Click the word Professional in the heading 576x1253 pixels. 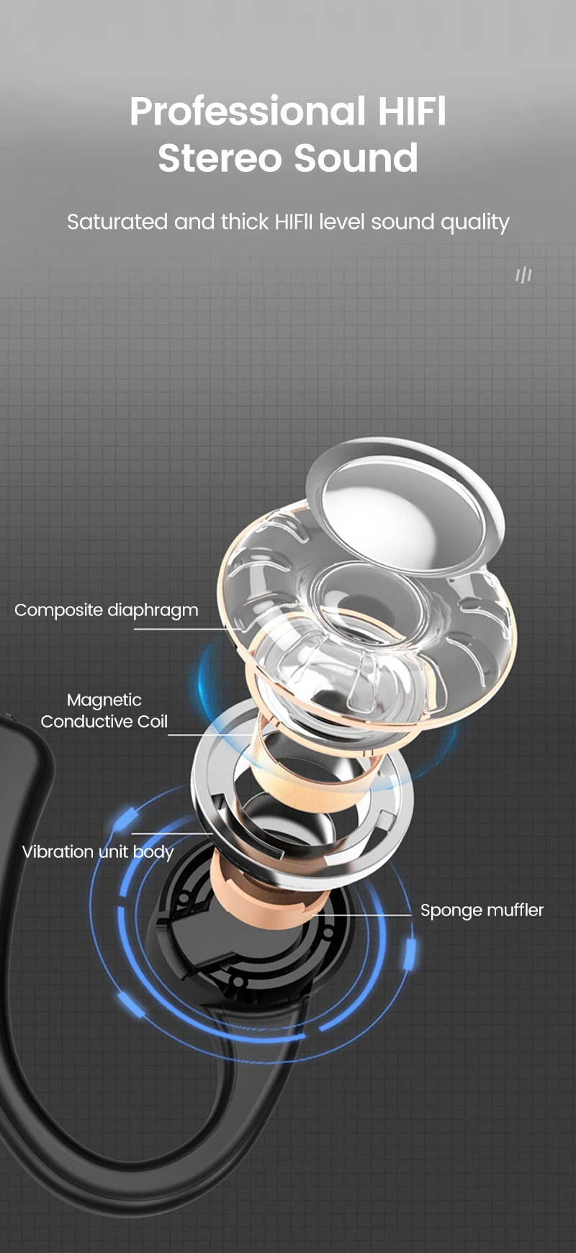tap(247, 112)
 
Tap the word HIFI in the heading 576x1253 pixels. tap(412, 112)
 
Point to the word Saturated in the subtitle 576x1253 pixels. tap(118, 222)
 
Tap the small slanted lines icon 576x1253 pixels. tap(523, 274)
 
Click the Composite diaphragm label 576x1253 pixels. tap(106, 610)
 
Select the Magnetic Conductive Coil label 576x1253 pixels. tap(104, 710)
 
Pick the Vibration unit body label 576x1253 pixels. tap(98, 852)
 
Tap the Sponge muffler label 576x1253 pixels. tap(482, 910)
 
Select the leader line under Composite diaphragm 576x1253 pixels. tap(187, 630)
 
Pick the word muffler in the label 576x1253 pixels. tap(514, 910)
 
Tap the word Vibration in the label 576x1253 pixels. tap(58, 852)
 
